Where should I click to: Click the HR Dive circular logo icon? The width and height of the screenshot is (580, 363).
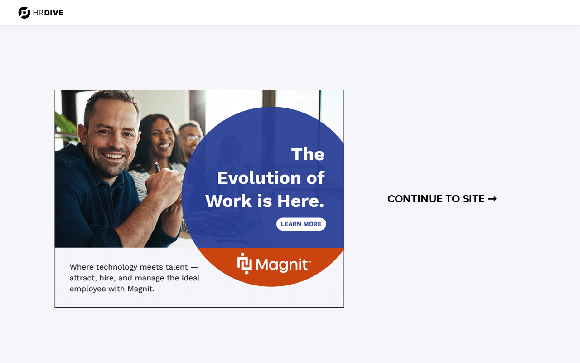point(24,13)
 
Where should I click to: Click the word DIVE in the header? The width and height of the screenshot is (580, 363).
point(53,13)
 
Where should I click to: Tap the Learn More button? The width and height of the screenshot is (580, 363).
point(301,224)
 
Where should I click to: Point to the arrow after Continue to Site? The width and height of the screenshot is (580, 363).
point(492,199)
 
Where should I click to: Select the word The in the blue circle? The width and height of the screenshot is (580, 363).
point(308,154)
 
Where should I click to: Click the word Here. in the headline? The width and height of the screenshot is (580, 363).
point(300,201)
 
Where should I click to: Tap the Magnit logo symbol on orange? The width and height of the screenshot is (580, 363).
point(244,264)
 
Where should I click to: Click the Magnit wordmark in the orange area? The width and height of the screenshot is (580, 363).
point(283,265)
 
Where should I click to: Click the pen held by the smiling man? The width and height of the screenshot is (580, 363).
point(157,167)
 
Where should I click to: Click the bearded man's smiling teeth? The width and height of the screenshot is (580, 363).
point(113,156)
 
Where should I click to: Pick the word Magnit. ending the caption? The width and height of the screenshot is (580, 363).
point(140,289)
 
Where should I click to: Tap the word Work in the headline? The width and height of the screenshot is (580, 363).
point(229,201)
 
